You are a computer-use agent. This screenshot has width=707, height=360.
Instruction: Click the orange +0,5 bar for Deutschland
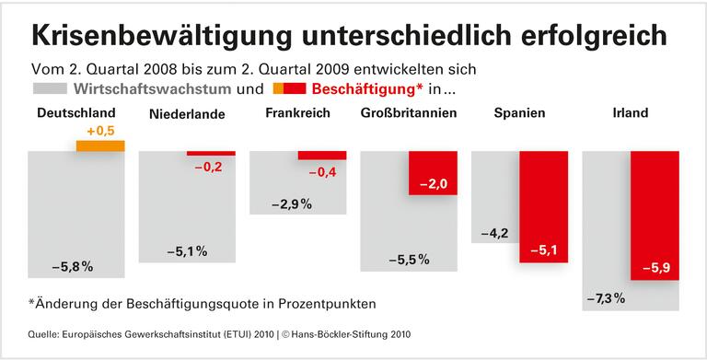pyautogui.click(x=99, y=145)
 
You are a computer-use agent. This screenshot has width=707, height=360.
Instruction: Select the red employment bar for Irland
pyautogui.click(x=655, y=214)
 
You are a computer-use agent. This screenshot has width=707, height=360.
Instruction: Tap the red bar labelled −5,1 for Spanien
pyautogui.click(x=543, y=206)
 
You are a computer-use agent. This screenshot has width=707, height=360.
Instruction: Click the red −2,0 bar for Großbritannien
pyautogui.click(x=433, y=172)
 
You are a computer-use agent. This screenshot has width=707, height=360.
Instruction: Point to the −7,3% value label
pyautogui.click(x=605, y=298)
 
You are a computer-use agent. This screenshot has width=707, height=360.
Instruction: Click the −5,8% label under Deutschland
pyautogui.click(x=73, y=267)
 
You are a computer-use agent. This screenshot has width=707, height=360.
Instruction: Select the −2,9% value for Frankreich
pyautogui.click(x=292, y=203)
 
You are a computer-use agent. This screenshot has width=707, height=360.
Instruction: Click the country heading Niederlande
pyautogui.click(x=187, y=114)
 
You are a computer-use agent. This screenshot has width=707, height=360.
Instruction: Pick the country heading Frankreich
pyautogui.click(x=298, y=113)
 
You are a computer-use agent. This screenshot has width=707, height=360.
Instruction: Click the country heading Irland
pyautogui.click(x=631, y=113)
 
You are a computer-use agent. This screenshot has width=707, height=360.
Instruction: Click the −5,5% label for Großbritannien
pyautogui.click(x=408, y=260)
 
